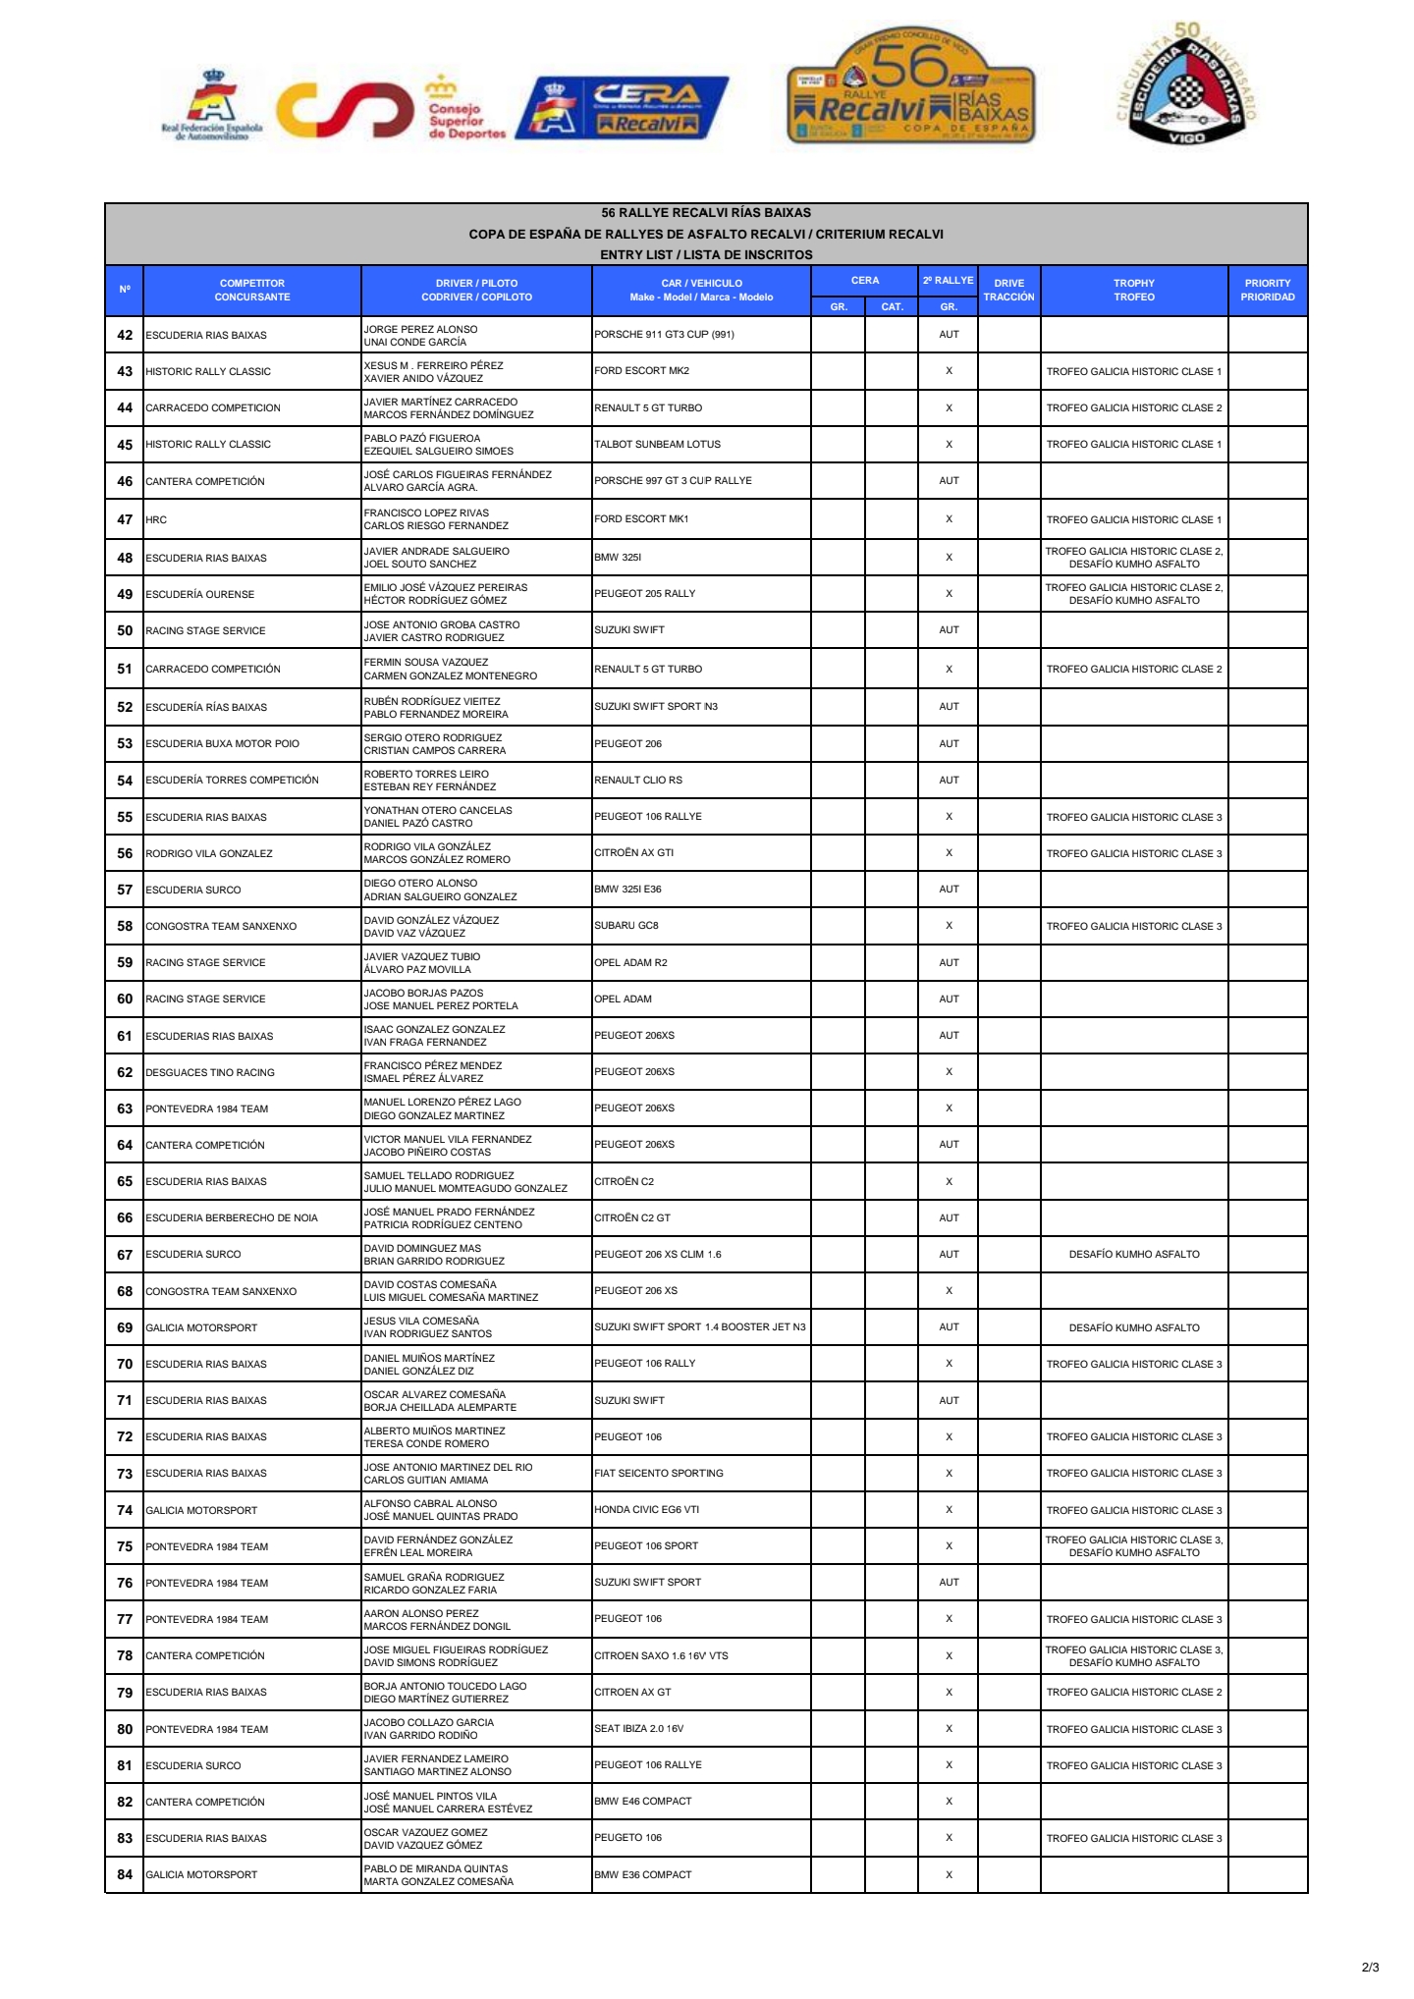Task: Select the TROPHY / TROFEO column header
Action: click(x=1133, y=290)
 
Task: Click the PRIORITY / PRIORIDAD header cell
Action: click(x=1267, y=290)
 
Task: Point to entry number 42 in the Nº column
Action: click(x=125, y=335)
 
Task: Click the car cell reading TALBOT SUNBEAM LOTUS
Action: click(x=657, y=444)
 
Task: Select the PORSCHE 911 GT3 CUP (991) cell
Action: click(x=664, y=334)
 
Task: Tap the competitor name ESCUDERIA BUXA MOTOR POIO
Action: click(x=222, y=743)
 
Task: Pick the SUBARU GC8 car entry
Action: click(x=626, y=925)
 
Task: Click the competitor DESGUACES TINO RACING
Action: click(x=210, y=1072)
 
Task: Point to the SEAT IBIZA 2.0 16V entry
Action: click(x=638, y=1728)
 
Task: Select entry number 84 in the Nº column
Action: click(x=125, y=1874)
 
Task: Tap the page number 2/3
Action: click(x=1370, y=1967)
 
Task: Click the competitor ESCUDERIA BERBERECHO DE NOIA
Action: click(x=232, y=1217)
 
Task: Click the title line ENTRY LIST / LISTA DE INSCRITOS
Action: click(x=706, y=254)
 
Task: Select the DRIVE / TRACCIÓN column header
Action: click(x=1008, y=290)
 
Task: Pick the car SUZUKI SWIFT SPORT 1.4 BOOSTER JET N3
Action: click(x=699, y=1326)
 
